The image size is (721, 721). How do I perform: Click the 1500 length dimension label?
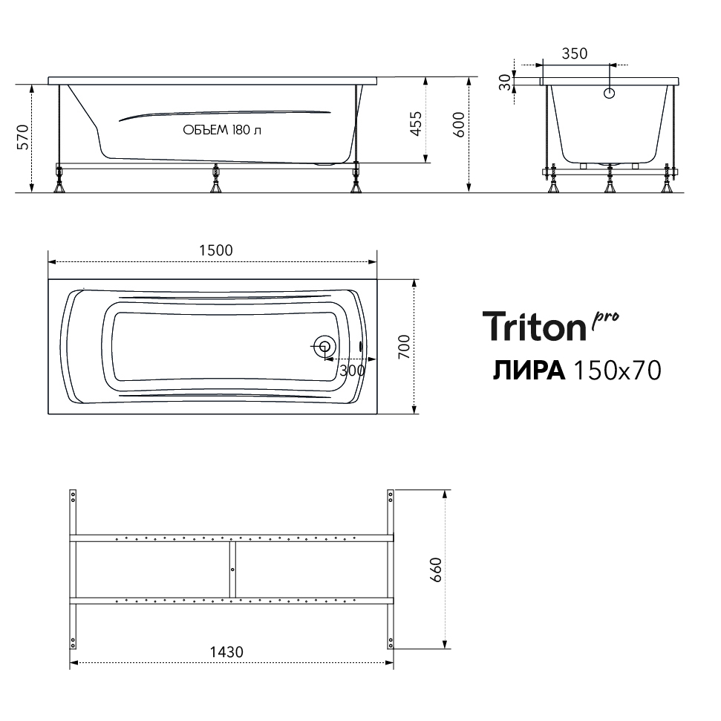click(215, 250)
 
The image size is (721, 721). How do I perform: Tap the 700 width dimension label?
click(404, 348)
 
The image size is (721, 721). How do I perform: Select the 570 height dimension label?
click(23, 137)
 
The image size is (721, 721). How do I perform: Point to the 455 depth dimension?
click(416, 123)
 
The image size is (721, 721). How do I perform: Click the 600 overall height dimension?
click(459, 125)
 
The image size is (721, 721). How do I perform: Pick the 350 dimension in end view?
click(575, 53)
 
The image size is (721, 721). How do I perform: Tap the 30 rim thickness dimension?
click(506, 82)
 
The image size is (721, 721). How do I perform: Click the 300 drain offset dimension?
click(352, 371)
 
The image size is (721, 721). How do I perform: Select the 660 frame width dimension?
click(435, 570)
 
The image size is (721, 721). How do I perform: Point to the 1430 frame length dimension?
click(226, 652)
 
